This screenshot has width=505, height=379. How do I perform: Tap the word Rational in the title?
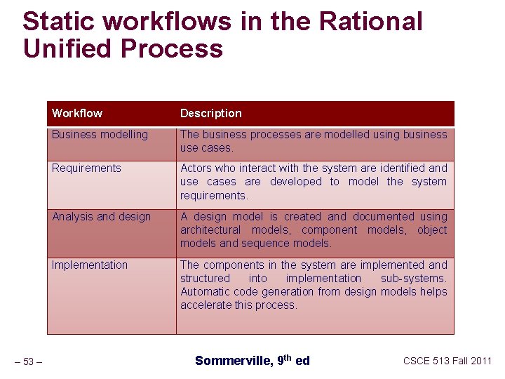coord(370,22)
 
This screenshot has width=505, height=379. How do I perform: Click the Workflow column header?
coord(76,113)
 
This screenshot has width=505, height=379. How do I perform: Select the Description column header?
coord(210,113)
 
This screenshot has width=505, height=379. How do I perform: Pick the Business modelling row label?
coord(100,134)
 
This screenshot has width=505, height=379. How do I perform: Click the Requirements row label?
coord(86,168)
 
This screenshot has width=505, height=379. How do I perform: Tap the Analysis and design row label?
coord(101,216)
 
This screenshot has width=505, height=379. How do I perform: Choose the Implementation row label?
coord(90,265)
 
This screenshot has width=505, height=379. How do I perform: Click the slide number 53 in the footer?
coord(29,361)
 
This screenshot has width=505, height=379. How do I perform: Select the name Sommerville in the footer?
coord(231,361)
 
